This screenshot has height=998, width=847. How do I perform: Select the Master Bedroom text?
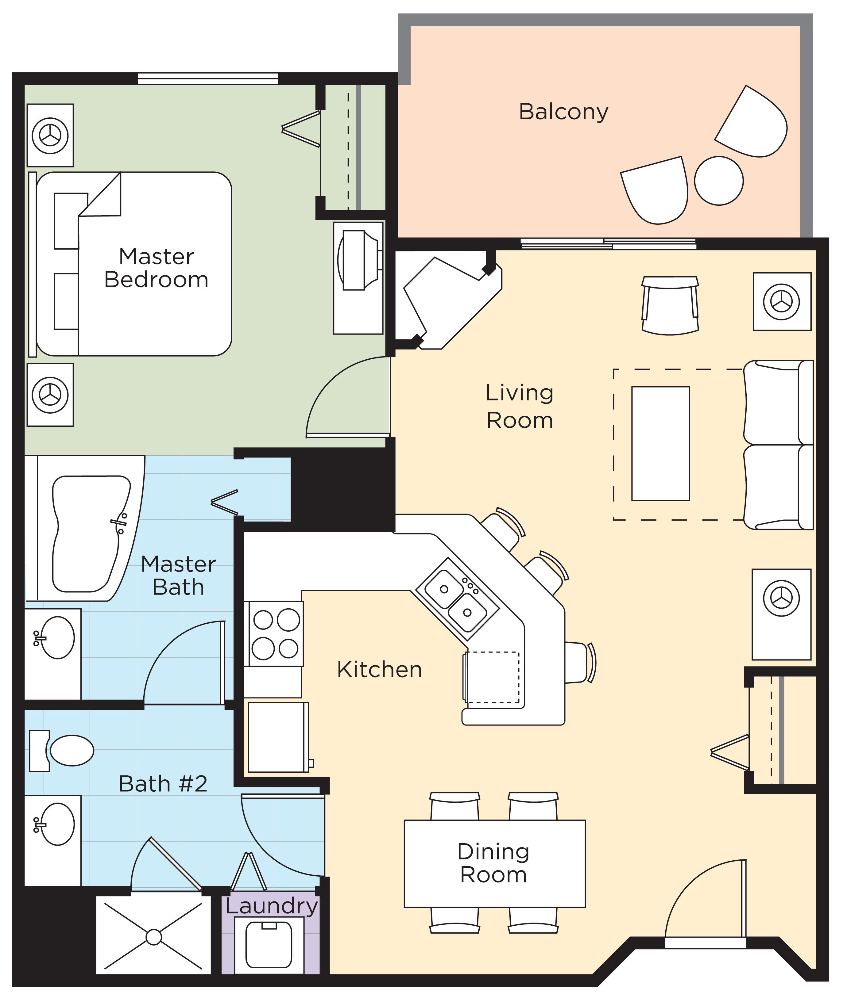157,268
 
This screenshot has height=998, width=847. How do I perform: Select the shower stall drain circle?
154,937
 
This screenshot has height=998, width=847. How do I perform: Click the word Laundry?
272,906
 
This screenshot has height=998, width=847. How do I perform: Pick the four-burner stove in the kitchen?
276,633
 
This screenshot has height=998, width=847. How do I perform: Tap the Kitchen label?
379,669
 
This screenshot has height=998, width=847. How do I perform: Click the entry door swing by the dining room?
706,902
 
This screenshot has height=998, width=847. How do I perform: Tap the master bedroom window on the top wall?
207,78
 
